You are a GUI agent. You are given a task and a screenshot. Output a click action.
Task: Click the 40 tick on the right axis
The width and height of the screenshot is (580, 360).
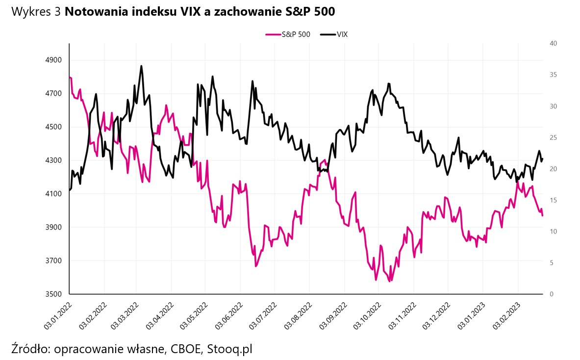point(554,44)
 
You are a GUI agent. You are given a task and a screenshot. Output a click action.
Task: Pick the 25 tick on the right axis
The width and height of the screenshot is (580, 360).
point(554,138)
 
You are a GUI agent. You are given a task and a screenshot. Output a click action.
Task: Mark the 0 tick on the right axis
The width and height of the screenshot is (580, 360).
point(552,294)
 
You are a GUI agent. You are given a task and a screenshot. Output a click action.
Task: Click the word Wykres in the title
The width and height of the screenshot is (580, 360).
point(29,12)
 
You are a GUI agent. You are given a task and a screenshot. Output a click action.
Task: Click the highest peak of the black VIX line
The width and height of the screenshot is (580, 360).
point(141,66)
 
